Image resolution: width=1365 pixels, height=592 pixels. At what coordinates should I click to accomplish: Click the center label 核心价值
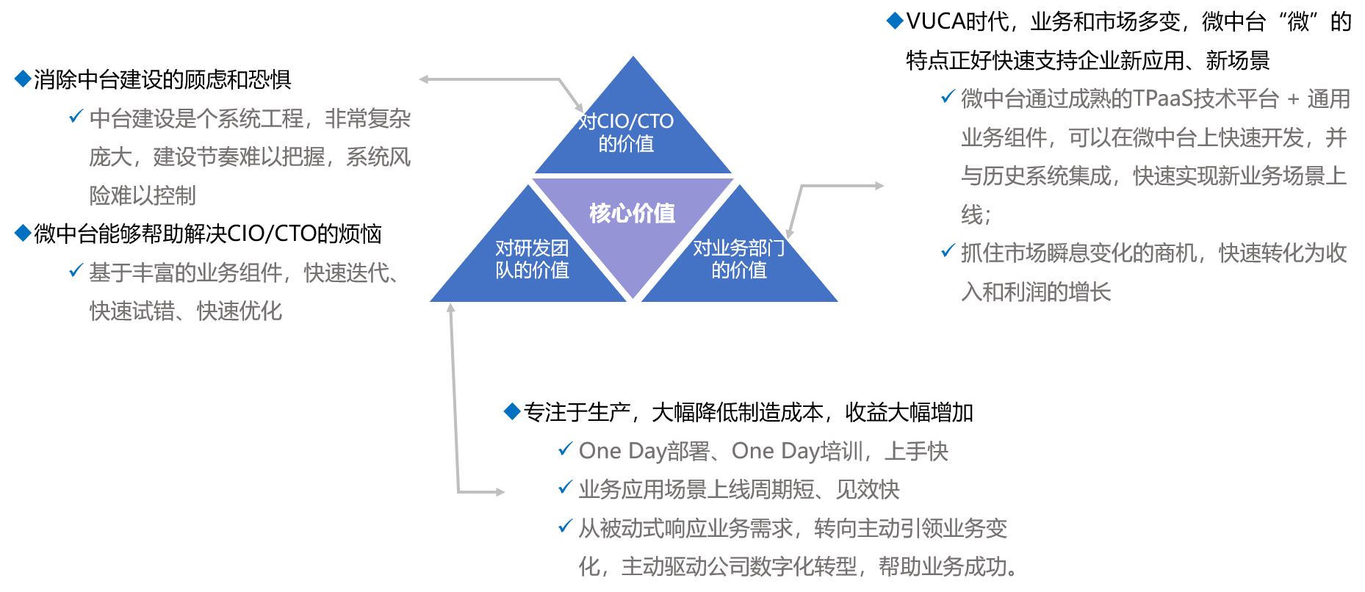(x=632, y=214)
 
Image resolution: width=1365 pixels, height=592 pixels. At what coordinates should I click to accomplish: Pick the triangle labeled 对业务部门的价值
(x=738, y=260)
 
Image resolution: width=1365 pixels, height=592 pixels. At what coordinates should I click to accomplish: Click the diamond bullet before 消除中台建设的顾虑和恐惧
(x=23, y=79)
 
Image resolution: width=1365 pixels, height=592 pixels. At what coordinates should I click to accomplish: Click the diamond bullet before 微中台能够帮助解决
(x=23, y=233)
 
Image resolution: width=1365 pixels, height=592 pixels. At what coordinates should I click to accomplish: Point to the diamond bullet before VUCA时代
(x=895, y=21)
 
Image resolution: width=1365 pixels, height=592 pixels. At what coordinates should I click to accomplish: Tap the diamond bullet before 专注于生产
(x=512, y=411)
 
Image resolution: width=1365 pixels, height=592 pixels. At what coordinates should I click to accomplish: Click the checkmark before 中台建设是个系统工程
(x=76, y=116)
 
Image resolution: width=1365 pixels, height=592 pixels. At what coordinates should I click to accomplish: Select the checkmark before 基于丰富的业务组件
(x=76, y=270)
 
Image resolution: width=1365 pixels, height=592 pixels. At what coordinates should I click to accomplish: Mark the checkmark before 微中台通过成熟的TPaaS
(x=948, y=97)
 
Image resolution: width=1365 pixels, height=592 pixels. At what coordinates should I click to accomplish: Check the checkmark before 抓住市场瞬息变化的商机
(x=948, y=251)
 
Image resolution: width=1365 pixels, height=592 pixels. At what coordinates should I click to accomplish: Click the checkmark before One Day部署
(x=565, y=449)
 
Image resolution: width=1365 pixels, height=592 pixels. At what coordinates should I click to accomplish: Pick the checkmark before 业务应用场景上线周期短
(x=565, y=487)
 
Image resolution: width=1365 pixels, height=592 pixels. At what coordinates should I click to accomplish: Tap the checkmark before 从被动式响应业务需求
(x=565, y=526)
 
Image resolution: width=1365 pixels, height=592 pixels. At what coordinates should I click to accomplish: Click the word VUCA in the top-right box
(x=934, y=21)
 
